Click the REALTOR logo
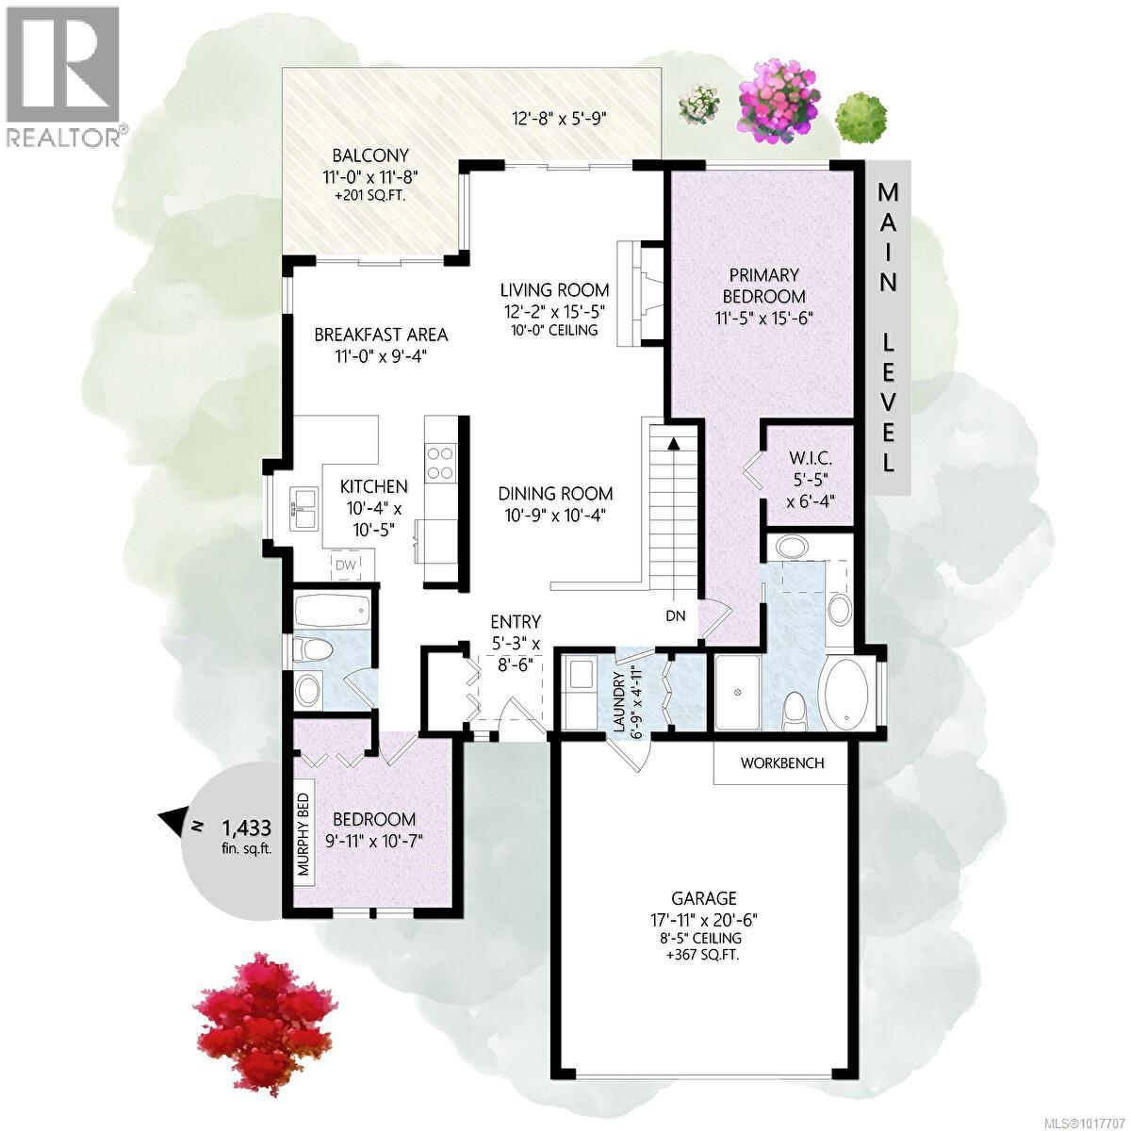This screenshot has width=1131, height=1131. coord(64,75)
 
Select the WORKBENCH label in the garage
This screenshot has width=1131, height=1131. coord(782,762)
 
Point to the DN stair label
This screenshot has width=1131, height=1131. coord(675,616)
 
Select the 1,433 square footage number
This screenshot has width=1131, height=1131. coord(246,828)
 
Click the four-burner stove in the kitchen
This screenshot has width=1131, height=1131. coord(440,463)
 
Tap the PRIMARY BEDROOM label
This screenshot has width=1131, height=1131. coord(763,286)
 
